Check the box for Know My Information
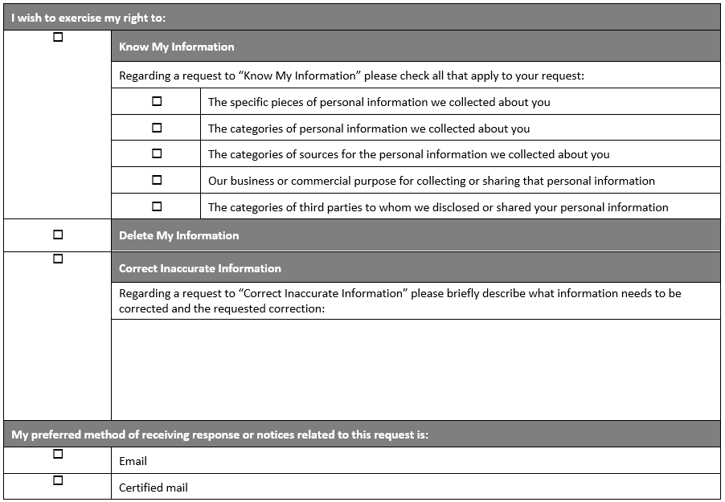[x=58, y=37]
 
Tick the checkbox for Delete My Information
[x=58, y=235]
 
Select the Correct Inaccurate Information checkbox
[x=58, y=259]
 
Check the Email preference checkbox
[x=58, y=454]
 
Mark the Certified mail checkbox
[x=58, y=480]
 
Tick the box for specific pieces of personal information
[x=157, y=101]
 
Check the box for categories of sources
[x=157, y=153]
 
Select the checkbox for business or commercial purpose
[x=157, y=180]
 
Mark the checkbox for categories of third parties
[x=157, y=206]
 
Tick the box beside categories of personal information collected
[x=157, y=128]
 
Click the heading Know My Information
[x=177, y=47]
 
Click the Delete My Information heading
[x=179, y=235]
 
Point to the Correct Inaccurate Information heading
[x=200, y=268]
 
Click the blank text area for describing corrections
[x=416, y=369]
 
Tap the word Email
[x=133, y=461]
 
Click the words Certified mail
[x=154, y=488]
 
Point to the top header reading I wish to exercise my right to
[x=88, y=18]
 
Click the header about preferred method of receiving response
[x=219, y=435]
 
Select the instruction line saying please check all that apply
[x=351, y=76]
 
